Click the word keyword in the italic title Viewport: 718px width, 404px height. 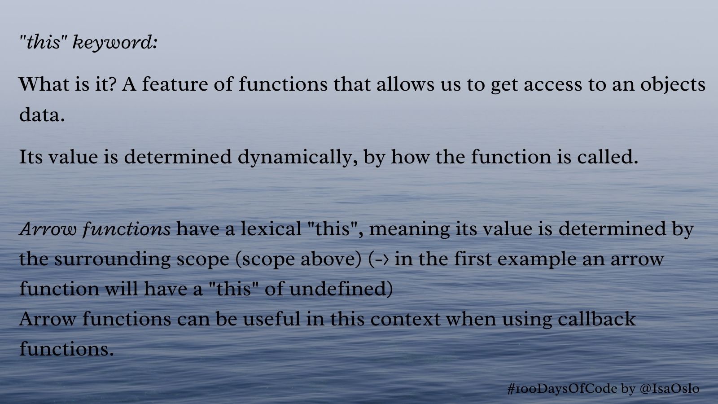[x=115, y=43]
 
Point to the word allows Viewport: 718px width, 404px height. [x=406, y=84]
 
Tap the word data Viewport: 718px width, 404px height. [x=42, y=114]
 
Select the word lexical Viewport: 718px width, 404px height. [x=271, y=229]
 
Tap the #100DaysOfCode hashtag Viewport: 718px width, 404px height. [x=562, y=389]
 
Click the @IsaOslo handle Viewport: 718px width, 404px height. [x=670, y=389]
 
